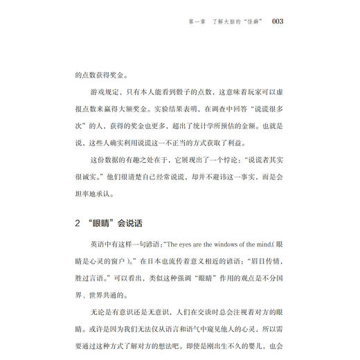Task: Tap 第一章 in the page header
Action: pyautogui.click(x=197, y=22)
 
